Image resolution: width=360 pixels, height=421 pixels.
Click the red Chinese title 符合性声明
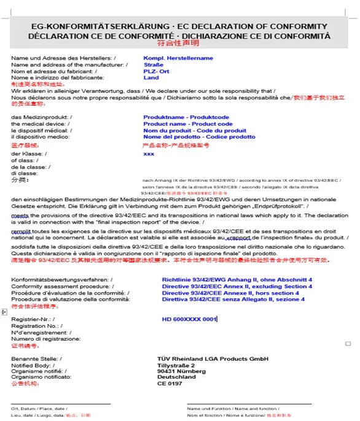[179, 44]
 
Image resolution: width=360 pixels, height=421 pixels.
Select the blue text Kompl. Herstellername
[178, 58]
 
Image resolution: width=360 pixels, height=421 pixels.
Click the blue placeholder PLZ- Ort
[156, 71]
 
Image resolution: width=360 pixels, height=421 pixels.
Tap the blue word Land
[151, 78]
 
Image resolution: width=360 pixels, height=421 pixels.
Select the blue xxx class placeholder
[149, 154]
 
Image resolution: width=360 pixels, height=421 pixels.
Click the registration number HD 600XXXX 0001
[189, 319]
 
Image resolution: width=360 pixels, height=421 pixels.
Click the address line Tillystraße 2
[176, 365]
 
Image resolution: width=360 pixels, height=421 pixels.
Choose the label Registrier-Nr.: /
[33, 319]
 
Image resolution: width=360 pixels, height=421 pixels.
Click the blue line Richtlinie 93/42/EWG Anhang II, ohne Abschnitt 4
[237, 280]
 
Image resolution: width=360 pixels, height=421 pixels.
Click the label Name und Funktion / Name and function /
[232, 408]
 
